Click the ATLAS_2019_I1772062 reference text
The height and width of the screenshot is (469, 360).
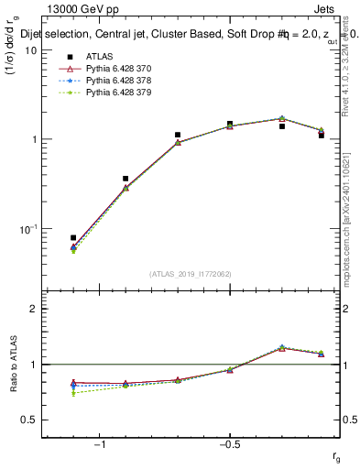coord(191,273)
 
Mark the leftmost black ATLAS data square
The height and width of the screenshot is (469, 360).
coord(73,238)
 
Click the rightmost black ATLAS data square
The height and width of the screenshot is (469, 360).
coord(322,135)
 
